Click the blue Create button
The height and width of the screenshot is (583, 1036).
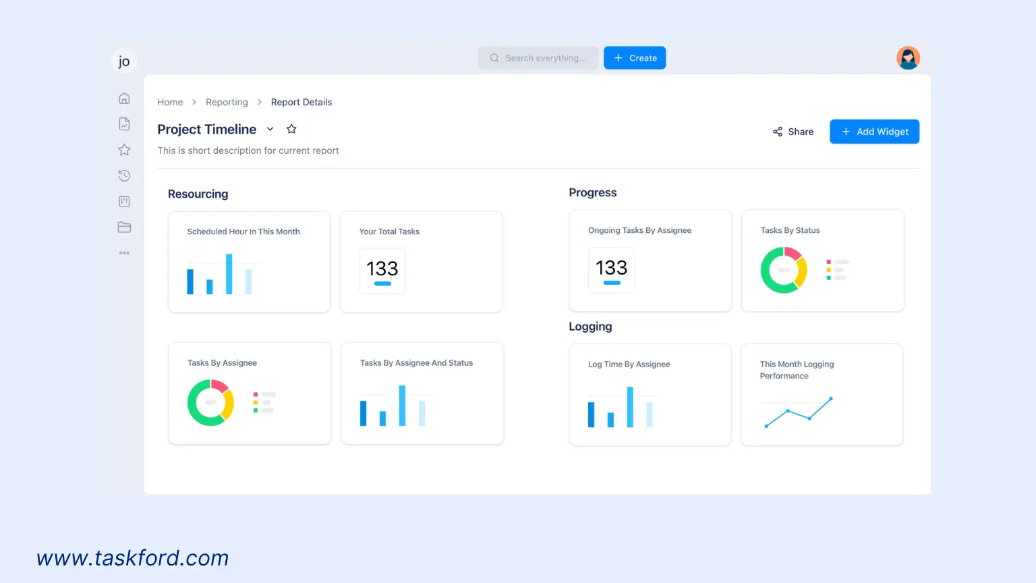coord(635,58)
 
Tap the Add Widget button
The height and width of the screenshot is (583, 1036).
coord(874,132)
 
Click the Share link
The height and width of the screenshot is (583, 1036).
coord(793,132)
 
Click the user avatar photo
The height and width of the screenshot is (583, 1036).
coord(908,58)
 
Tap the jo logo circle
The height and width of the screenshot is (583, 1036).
coord(124,61)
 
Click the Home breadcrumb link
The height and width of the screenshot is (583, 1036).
coord(170,102)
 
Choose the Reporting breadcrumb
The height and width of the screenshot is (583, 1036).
coord(227,102)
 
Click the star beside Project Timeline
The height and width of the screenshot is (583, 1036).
coord(291,129)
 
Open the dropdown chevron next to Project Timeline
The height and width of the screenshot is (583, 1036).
coord(270,129)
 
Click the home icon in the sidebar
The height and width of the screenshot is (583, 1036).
coord(124,99)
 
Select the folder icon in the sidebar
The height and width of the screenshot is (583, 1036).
coord(124,227)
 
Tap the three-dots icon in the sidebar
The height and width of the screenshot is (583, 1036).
coord(124,253)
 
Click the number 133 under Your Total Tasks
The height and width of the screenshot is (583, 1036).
coord(382,269)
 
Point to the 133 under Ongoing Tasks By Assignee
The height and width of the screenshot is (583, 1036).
coord(612,268)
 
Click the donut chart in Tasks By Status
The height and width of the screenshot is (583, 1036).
coord(784,270)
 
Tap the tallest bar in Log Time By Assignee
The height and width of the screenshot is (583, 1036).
coord(630,407)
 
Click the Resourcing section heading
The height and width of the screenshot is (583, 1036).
coord(198,194)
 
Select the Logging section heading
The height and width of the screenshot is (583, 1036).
coord(590,327)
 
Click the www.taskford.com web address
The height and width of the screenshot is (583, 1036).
coord(133,558)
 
